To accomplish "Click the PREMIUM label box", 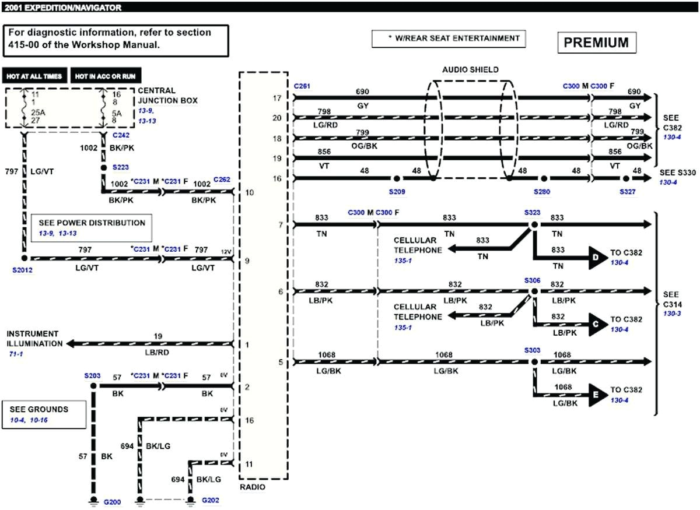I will pos(596,43).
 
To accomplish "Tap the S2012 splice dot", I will pos(24,257).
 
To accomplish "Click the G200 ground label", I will pos(112,501).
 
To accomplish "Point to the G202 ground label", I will pos(211,500).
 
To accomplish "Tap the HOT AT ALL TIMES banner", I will pos(34,76).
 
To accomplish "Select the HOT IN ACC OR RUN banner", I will pos(106,76).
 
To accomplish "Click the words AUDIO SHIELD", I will pos(470,69).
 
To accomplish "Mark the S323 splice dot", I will pos(533,224).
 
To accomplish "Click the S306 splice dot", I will pos(533,291).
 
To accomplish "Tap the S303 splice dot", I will pos(533,361).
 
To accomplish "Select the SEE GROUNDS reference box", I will pos(44,413).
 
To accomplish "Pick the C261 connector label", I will pos(302,86).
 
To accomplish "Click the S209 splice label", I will pos(397,191).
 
